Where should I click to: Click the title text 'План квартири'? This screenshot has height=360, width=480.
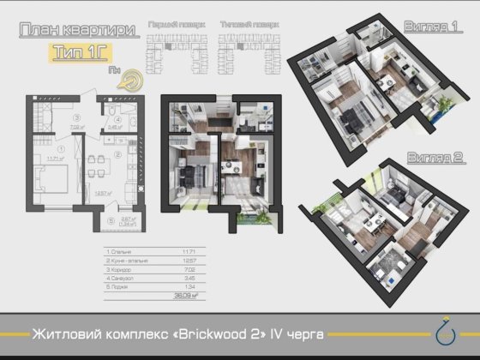click(x=76, y=30)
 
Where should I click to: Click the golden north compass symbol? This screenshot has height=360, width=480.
click(x=129, y=79)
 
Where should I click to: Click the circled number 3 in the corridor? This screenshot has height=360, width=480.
click(x=77, y=117)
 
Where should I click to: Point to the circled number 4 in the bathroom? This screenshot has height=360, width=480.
click(x=117, y=120)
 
